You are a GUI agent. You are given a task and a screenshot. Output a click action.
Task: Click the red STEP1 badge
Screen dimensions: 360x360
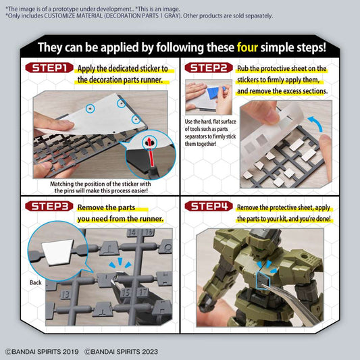pyautogui.click(x=49, y=68)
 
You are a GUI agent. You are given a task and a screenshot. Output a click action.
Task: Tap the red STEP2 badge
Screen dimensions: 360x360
pyautogui.click(x=209, y=68)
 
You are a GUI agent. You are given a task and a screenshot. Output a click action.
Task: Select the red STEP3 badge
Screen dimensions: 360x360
pyautogui.click(x=49, y=207)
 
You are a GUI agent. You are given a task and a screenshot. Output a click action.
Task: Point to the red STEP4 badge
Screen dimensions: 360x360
pyautogui.click(x=209, y=207)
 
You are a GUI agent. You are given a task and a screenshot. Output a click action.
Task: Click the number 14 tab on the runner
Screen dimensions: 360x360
pyautogui.click(x=130, y=234)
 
